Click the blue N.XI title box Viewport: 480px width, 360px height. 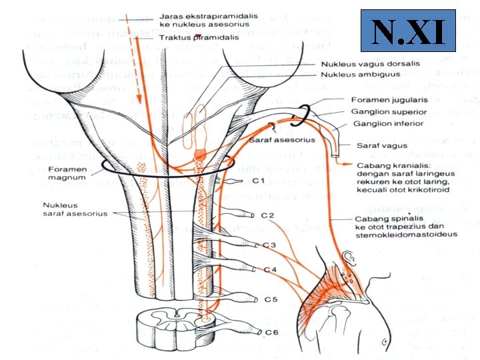click(x=408, y=31)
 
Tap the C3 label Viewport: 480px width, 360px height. click(x=269, y=245)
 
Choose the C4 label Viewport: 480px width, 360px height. click(x=270, y=270)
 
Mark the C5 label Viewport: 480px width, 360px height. click(x=271, y=300)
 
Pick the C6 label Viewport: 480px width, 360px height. click(x=271, y=332)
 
